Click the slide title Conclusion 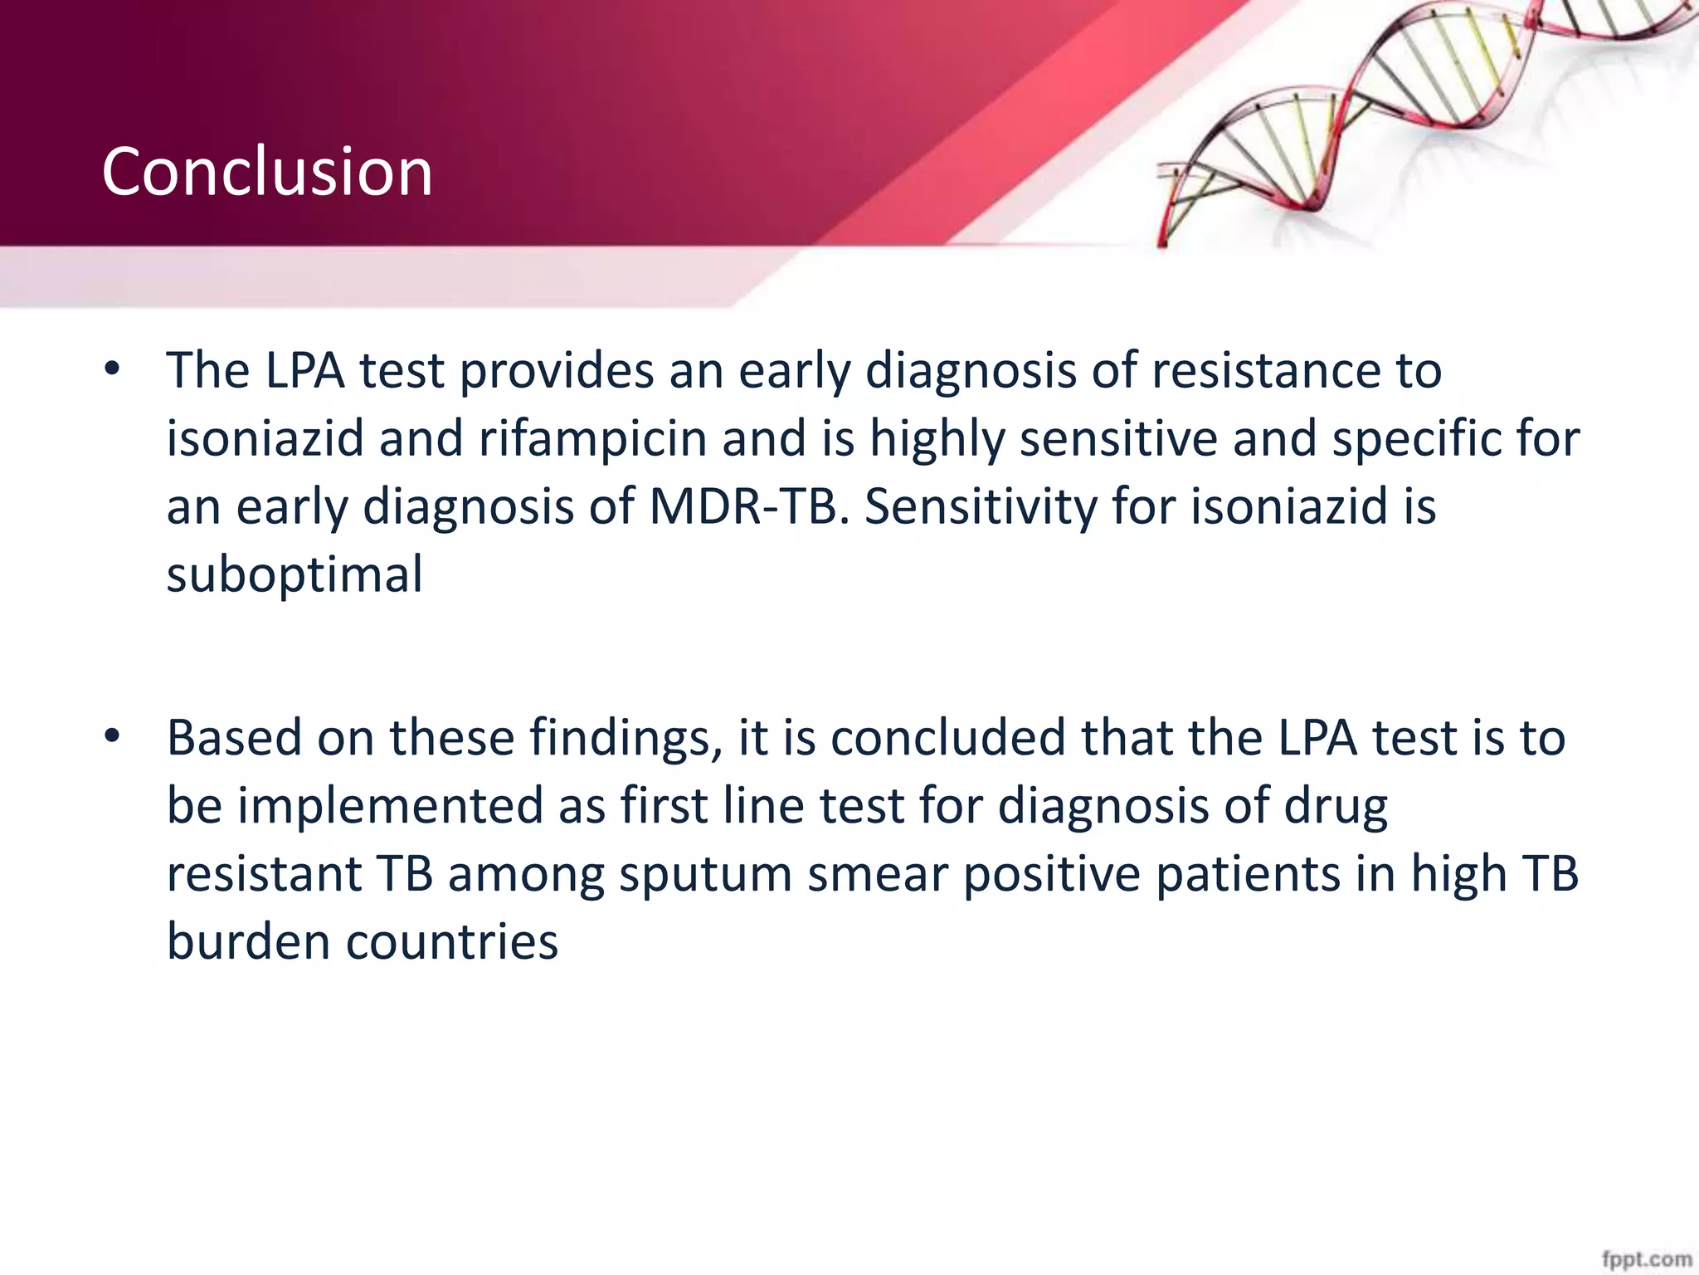click(267, 172)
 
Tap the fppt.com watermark click(1646, 1259)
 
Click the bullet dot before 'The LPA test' click(113, 370)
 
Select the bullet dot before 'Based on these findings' click(113, 737)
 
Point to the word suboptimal click(295, 574)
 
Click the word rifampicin click(592, 438)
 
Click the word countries click(452, 942)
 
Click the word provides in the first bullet click(557, 370)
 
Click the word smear click(878, 874)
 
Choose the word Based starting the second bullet click(234, 738)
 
